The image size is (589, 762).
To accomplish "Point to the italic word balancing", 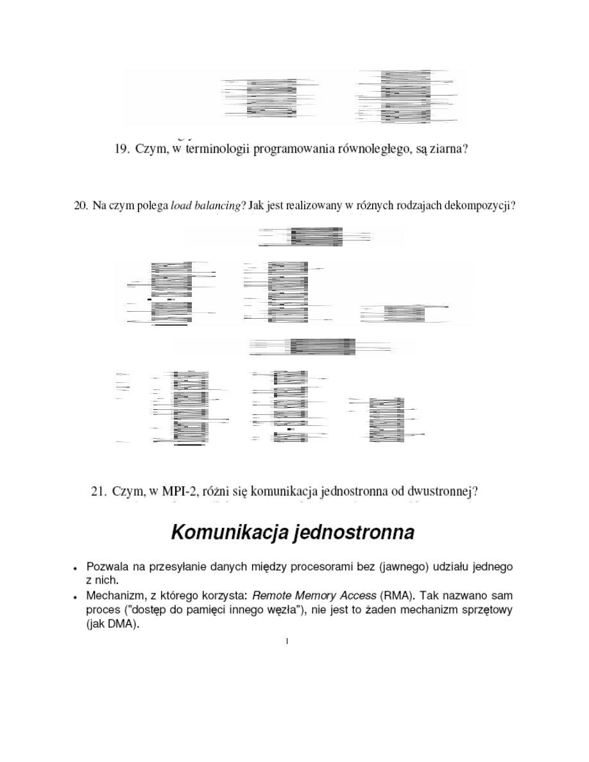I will [216, 206].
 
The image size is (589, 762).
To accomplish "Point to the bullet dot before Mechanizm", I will [76, 598].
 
